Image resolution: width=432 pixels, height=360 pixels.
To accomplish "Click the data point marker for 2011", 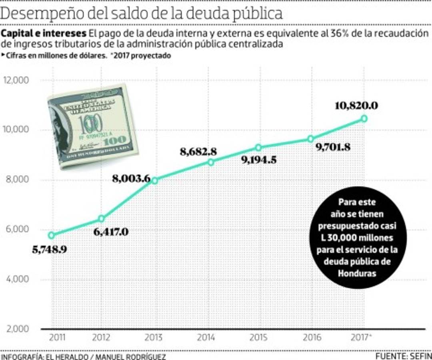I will coord(51,235).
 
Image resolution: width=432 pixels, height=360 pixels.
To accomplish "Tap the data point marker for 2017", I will coord(364,118).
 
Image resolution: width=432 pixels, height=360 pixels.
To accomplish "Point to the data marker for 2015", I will coord(258,148).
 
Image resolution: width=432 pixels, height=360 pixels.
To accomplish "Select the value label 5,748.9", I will coord(49,250).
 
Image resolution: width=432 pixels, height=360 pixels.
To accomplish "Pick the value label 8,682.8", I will coord(198,152).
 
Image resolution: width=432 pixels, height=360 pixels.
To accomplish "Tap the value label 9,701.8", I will coord(333,147).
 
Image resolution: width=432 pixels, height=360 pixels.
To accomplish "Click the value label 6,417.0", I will coord(111,232).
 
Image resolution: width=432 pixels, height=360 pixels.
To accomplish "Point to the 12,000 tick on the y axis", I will coord(16,80).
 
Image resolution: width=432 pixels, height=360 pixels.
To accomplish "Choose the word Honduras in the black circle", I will coord(357,274).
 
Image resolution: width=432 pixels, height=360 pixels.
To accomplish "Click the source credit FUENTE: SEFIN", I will coord(403,356).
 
